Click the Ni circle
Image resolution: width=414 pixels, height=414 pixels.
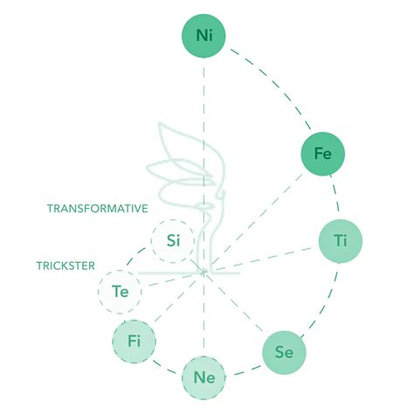click(x=204, y=36)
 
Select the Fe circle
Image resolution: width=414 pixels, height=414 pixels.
click(x=323, y=154)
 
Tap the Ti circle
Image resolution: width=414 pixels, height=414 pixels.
click(x=341, y=241)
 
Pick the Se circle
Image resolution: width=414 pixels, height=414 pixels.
click(x=285, y=353)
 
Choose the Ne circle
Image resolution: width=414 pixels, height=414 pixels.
click(x=204, y=378)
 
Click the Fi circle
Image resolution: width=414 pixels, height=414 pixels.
click(x=134, y=342)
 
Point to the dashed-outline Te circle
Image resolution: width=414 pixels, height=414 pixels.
click(x=120, y=292)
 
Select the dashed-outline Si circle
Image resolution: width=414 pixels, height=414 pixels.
click(x=173, y=241)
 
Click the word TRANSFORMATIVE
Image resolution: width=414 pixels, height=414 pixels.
click(x=98, y=209)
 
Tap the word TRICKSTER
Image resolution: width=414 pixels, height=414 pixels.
click(x=66, y=266)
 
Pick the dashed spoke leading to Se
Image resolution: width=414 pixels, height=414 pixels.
click(x=236, y=303)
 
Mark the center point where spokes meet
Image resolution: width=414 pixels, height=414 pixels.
click(x=204, y=273)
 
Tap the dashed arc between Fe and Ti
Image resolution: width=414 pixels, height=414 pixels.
click(x=335, y=194)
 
